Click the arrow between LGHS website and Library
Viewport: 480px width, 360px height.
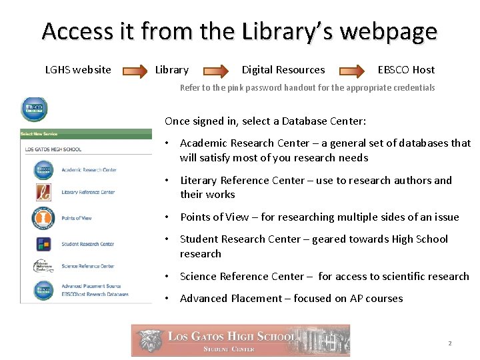[133, 70]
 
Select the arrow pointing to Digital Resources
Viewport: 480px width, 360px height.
[216, 70]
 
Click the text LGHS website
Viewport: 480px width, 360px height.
[78, 70]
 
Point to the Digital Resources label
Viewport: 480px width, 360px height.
[283, 70]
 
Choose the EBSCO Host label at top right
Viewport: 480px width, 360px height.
[406, 70]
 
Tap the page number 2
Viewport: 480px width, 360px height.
[450, 343]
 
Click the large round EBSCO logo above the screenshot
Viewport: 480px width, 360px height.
[34, 109]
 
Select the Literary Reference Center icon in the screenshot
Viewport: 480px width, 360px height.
[43, 193]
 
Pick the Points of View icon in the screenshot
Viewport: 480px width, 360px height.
[43, 217]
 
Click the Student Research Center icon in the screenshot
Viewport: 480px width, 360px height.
[43, 244]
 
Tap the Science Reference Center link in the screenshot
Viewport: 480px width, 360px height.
[87, 267]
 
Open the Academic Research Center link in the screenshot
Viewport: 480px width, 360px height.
[89, 170]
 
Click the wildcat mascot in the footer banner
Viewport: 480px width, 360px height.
[149, 340]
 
